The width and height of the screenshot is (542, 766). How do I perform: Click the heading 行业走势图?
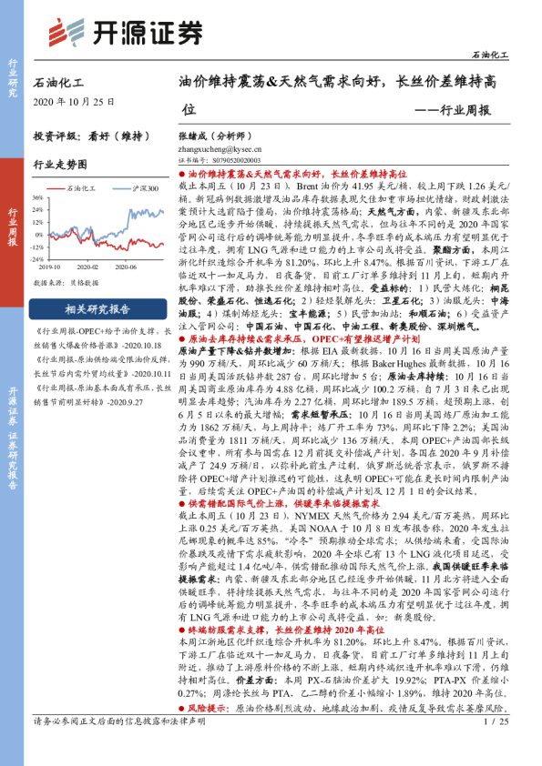(60, 165)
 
